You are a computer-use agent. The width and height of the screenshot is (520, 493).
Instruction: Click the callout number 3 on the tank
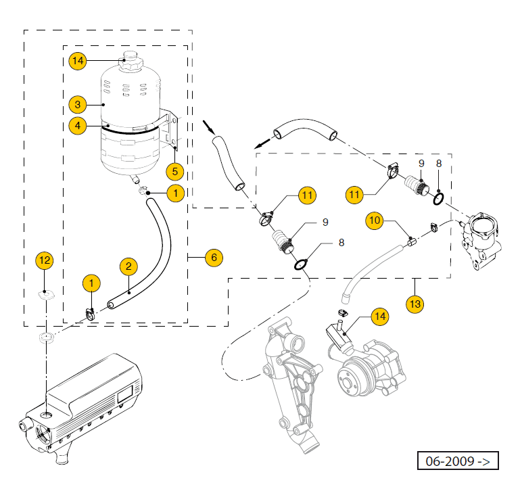pyautogui.click(x=78, y=105)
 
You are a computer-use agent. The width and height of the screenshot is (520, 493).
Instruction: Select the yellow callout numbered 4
pyautogui.click(x=78, y=126)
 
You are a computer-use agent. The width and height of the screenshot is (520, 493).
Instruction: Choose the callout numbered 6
pyautogui.click(x=213, y=257)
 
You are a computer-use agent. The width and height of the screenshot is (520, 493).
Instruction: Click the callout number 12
pyautogui.click(x=45, y=259)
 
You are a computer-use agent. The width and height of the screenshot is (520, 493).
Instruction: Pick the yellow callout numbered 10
pyautogui.click(x=376, y=220)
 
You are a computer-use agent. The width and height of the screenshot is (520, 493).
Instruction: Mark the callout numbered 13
pyautogui.click(x=415, y=304)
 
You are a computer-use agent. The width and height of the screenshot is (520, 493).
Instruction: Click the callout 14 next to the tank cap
pyautogui.click(x=78, y=61)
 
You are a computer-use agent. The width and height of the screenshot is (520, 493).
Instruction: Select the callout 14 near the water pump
pyautogui.click(x=379, y=316)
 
